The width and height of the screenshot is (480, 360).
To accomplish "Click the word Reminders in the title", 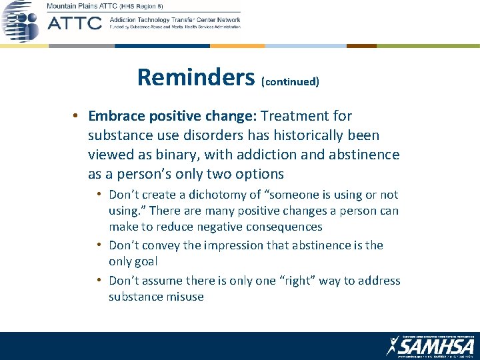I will pos(196,77).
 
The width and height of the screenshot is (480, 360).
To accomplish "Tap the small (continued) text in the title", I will pos(290,82).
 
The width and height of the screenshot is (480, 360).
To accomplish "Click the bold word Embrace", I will pos(116,116).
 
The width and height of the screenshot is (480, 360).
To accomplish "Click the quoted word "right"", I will pos(295,281).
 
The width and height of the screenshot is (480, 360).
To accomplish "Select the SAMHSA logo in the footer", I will pos(430,346).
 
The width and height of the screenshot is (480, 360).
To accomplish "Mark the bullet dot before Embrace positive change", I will pos(77,116).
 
